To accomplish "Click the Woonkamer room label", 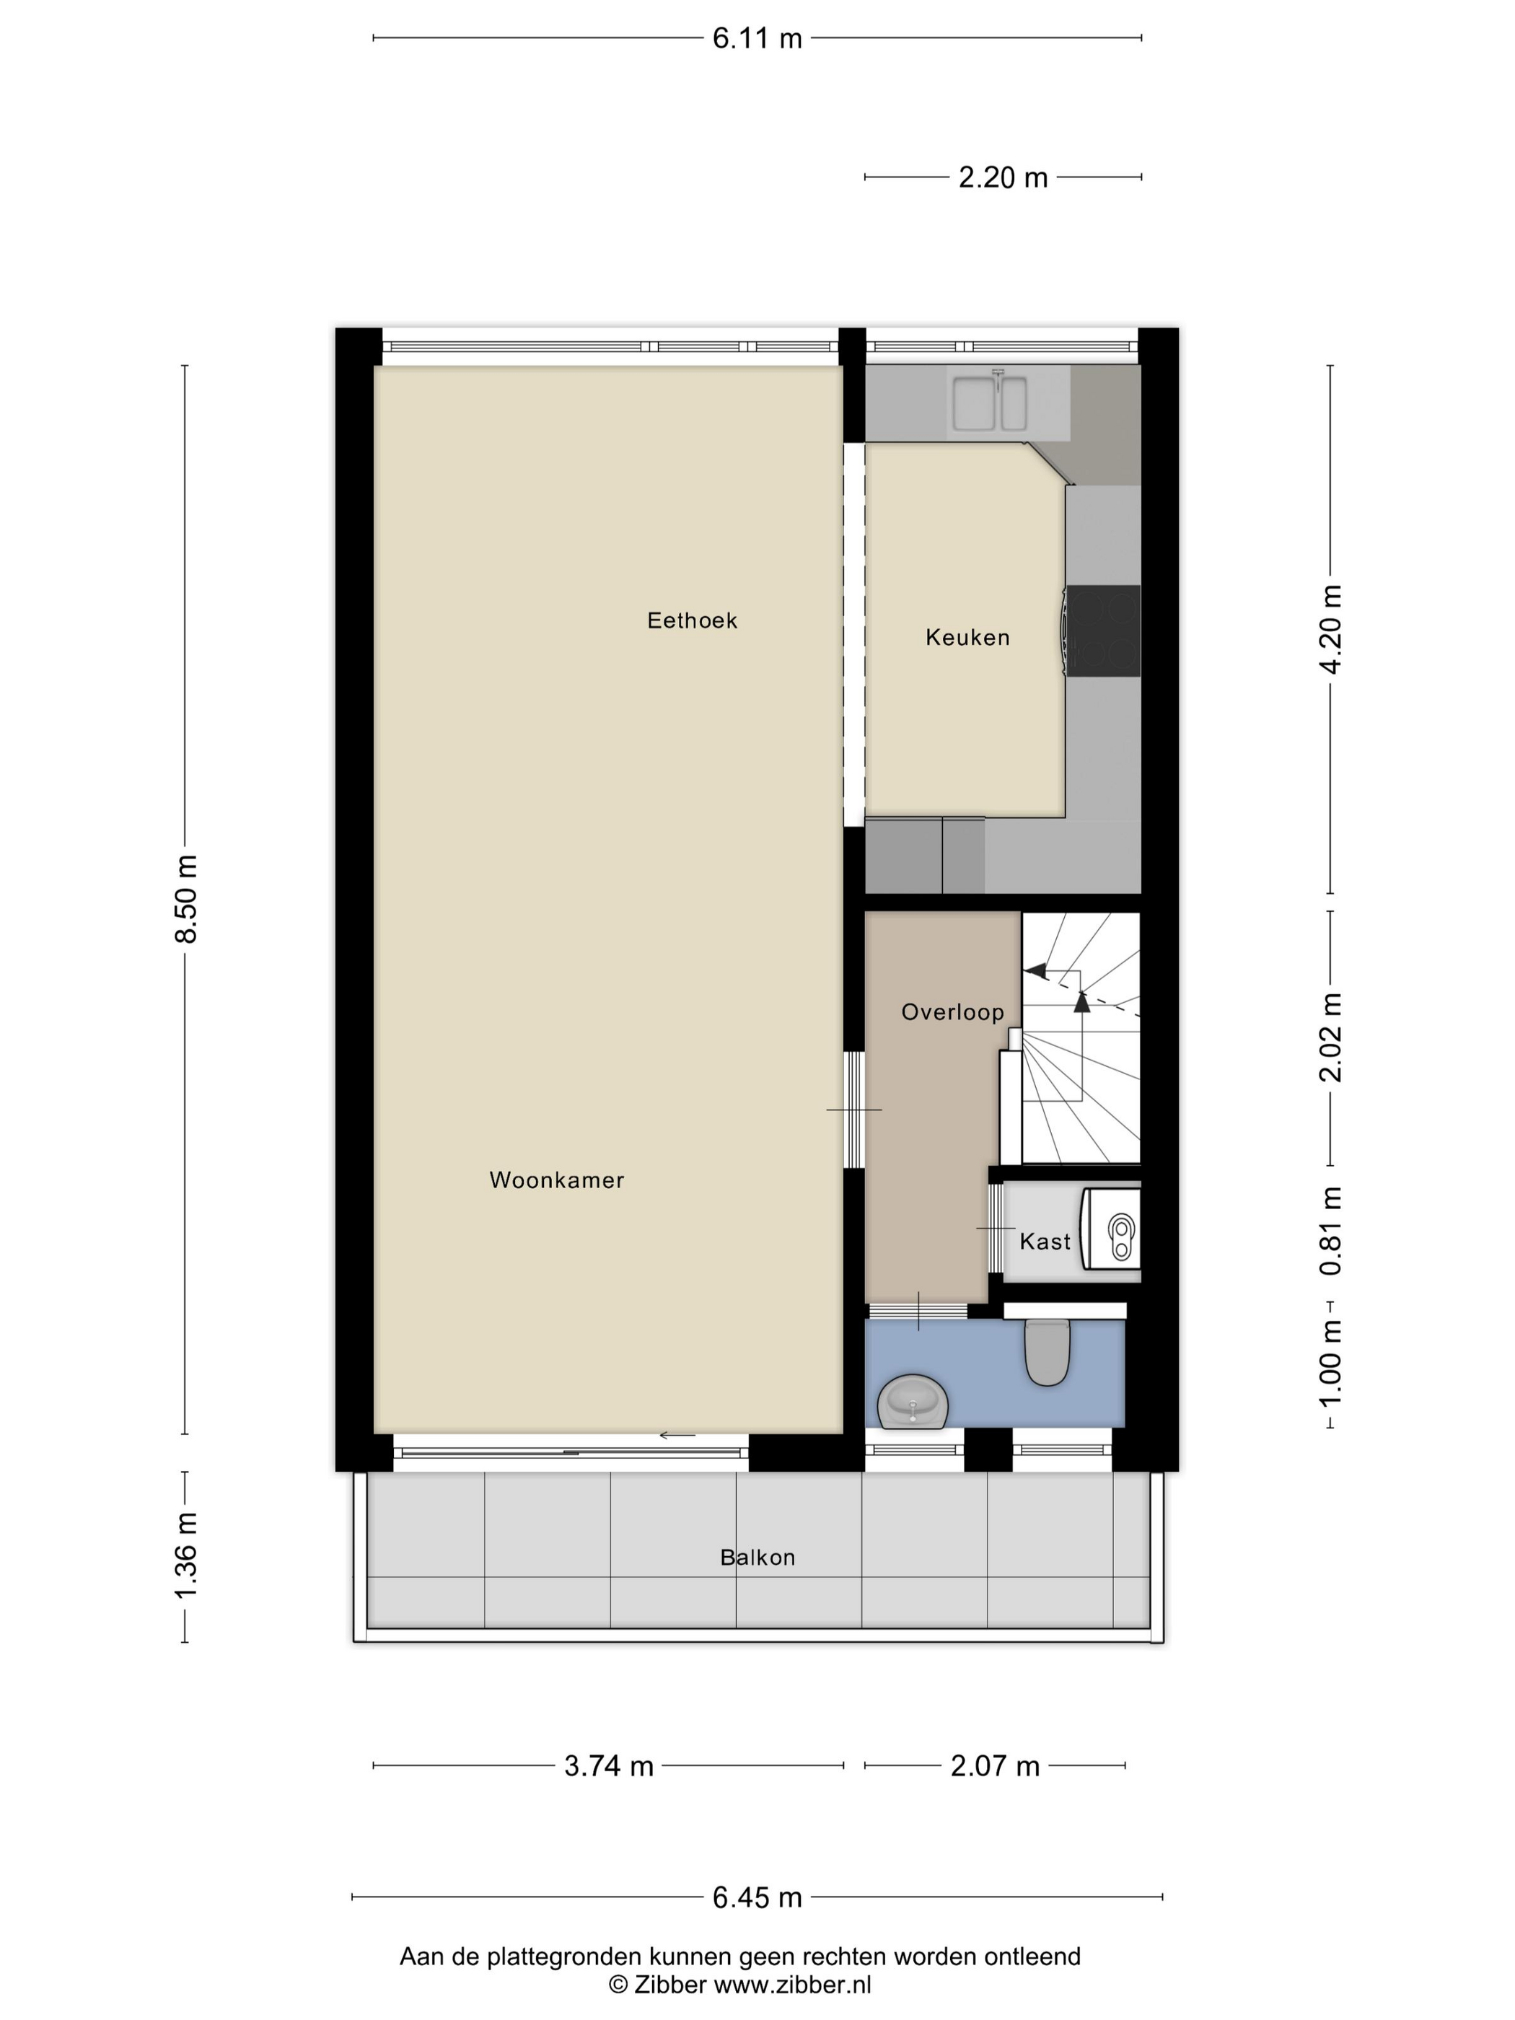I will click(556, 1180).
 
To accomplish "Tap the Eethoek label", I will click(691, 621).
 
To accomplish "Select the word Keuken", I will click(967, 638).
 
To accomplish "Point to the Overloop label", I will click(952, 1012).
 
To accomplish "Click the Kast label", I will click(1044, 1241).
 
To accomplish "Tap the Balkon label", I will click(757, 1558).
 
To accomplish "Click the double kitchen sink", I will click(989, 403).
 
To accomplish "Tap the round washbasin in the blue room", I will click(913, 1402).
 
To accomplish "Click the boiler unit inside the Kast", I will click(1112, 1229).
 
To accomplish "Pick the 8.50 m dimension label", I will click(186, 899).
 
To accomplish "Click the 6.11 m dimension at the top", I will click(756, 38).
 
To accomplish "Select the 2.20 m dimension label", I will click(1002, 177).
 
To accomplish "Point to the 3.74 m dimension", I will click(608, 1766).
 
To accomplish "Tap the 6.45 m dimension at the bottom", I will click(756, 1897).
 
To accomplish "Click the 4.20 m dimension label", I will click(1330, 629).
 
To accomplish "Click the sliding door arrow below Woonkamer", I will click(677, 1436).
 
